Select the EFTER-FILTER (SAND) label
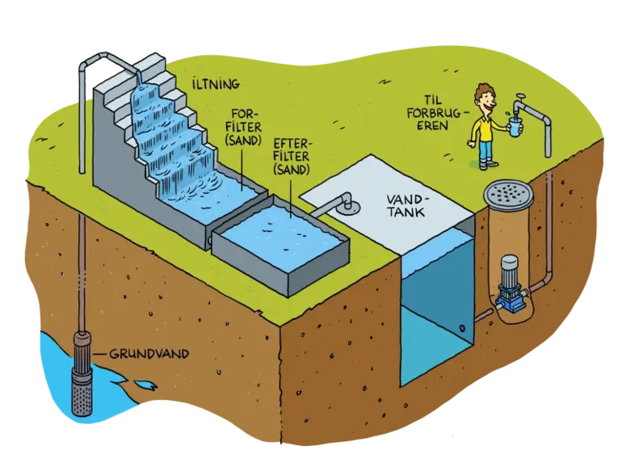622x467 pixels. click(293, 155)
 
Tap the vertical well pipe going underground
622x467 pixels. click(81, 242)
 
